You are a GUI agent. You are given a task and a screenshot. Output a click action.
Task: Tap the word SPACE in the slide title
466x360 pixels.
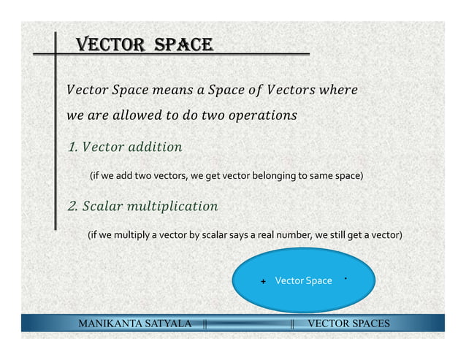183,45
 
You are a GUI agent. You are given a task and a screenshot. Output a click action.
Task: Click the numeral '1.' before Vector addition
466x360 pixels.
73,148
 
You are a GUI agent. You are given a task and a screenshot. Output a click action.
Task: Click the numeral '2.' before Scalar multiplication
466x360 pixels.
73,206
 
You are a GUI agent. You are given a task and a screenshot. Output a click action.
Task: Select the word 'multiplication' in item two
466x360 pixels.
172,206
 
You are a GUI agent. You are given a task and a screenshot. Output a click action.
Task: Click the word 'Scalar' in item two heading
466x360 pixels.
102,206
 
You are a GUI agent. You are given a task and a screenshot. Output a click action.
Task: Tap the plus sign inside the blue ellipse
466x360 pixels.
263,282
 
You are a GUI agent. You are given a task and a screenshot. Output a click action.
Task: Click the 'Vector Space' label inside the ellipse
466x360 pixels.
303,281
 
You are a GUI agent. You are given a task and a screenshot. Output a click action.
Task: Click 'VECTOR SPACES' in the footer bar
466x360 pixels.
348,323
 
